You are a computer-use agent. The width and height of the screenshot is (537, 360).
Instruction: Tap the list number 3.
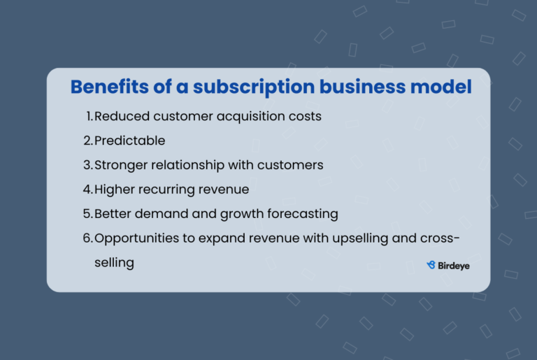click(87, 165)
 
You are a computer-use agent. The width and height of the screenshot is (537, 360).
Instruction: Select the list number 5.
click(87, 214)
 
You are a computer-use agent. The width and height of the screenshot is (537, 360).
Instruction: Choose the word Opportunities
click(135, 238)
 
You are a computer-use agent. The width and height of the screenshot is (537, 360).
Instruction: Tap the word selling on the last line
click(114, 263)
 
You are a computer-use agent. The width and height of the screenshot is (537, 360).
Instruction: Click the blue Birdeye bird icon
click(431, 265)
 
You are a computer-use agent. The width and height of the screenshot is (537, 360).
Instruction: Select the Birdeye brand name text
click(454, 265)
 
